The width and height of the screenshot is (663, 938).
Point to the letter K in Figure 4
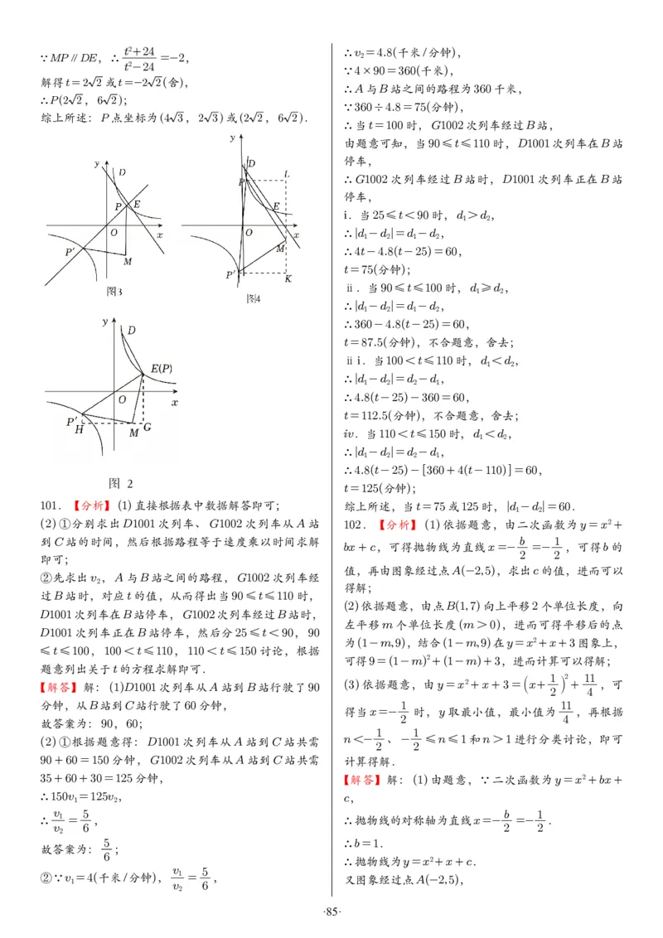click(x=288, y=279)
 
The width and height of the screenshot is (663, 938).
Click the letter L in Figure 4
click(x=286, y=173)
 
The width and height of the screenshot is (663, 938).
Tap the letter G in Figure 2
click(x=148, y=428)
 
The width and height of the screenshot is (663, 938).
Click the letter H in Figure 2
click(x=79, y=430)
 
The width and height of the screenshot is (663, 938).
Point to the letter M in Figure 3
click(x=127, y=262)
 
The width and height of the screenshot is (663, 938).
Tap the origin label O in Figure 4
click(x=248, y=233)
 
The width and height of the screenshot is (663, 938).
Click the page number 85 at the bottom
click(x=331, y=912)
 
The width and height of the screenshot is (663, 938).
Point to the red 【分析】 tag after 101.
click(x=90, y=505)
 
